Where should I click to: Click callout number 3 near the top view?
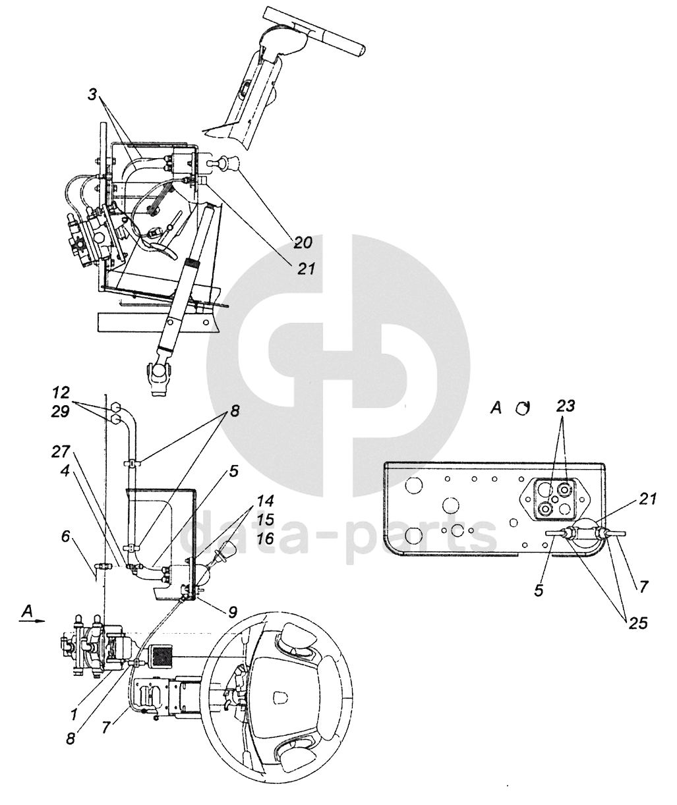[92, 94]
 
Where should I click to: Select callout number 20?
[303, 242]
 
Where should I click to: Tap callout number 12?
[61, 393]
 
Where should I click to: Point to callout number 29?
[61, 412]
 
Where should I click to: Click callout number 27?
[60, 451]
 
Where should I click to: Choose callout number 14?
[265, 501]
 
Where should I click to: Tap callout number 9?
[232, 612]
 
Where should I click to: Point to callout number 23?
[566, 406]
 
